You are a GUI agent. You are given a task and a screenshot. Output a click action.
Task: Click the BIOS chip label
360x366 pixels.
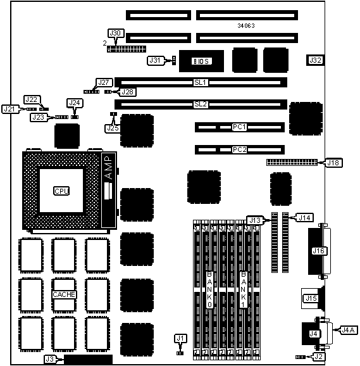(x=202, y=61)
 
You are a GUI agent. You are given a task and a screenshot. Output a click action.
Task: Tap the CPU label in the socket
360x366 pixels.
(x=61, y=191)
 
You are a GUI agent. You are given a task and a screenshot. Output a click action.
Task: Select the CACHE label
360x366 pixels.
(x=64, y=294)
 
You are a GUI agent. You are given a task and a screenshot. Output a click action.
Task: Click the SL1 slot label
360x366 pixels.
(x=201, y=82)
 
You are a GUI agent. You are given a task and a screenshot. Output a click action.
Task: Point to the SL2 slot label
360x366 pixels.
(x=201, y=104)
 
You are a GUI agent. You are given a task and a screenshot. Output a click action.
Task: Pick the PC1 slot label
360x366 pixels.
(x=239, y=127)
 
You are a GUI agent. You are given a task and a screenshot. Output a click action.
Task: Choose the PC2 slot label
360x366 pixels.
(x=239, y=149)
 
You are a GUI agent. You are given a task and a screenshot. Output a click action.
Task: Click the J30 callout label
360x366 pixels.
(x=116, y=33)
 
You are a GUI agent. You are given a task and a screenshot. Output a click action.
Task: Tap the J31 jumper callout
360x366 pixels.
(x=156, y=60)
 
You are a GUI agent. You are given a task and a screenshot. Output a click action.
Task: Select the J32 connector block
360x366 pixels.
(x=315, y=60)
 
